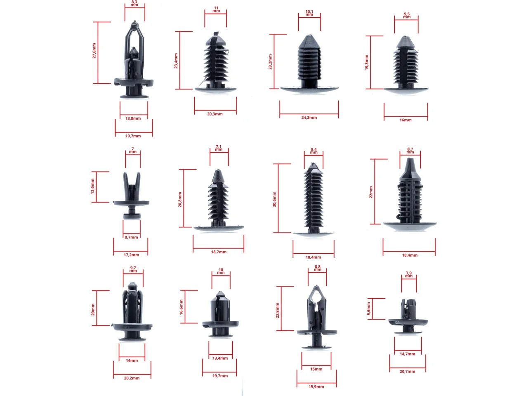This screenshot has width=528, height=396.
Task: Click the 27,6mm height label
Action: (94, 51)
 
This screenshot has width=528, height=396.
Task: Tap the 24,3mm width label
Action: (309, 118)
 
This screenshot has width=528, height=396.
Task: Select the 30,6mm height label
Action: (274, 199)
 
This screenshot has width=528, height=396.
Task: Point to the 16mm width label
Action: (405, 120)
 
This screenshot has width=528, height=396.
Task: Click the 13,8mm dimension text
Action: (133, 118)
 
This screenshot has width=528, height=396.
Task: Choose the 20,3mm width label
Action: (215, 114)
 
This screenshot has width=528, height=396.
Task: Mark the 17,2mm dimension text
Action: (131, 255)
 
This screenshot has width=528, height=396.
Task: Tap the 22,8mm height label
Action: (277, 310)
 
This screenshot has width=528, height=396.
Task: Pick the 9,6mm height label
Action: (368, 309)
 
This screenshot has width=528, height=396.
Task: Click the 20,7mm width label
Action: (408, 372)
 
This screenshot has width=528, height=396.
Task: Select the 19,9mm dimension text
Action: (316, 387)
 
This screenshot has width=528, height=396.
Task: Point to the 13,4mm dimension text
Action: (220, 358)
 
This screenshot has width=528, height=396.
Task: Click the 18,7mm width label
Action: (219, 252)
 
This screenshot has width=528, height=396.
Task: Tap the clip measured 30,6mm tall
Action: (313, 200)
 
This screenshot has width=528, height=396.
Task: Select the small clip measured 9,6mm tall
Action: (408, 316)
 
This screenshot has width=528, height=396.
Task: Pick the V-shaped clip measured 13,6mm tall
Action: (131, 195)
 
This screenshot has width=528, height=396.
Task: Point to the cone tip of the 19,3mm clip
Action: (405, 37)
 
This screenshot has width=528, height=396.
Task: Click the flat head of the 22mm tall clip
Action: (410, 226)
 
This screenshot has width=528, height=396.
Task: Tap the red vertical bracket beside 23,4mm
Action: (180, 60)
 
